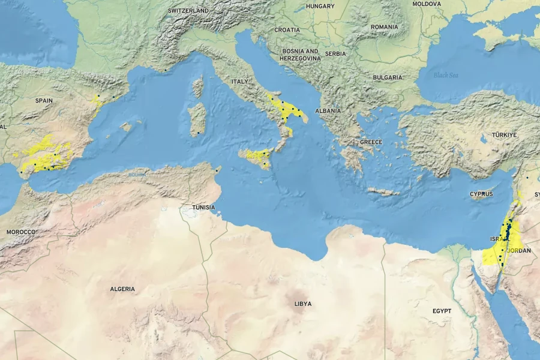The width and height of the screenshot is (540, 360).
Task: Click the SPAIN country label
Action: pos(44,100)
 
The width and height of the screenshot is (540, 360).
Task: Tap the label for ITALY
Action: pos(239,81)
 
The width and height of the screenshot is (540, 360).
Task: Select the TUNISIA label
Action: pos(203,207)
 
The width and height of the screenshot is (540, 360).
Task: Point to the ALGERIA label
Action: pos(122,289)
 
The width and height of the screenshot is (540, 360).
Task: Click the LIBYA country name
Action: pos(303,304)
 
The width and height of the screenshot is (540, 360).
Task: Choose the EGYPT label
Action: pos(442,311)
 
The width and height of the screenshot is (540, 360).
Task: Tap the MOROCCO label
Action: pos(21,232)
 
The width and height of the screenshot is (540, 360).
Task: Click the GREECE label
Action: pos(371,142)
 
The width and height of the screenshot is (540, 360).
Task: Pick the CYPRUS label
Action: pos(481,194)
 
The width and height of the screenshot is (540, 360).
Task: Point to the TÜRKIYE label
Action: pos(504,135)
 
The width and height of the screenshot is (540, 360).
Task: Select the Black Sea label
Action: pos(446,75)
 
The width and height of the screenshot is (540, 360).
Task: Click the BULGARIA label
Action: pos(387,77)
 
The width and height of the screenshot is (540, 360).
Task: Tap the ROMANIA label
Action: pos(384,27)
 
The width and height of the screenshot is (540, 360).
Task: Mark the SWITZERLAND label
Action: pos(188,11)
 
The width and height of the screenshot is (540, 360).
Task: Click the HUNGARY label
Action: pos(320,6)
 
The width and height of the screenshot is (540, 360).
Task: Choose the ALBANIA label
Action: pos(328,110)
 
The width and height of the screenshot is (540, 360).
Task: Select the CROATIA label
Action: pos(287,29)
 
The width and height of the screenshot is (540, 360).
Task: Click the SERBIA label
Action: pos(335,53)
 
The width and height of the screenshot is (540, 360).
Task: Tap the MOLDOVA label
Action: pos(427,4)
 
